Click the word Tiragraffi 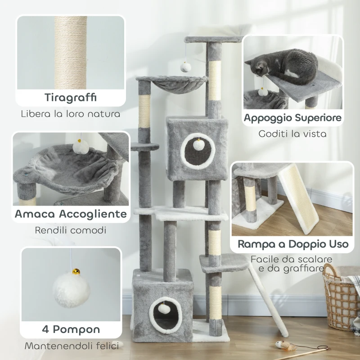[x=71, y=98]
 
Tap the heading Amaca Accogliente [x=71, y=214]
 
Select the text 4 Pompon [x=71, y=329]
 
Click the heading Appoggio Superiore [x=292, y=118]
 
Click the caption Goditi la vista [x=292, y=134]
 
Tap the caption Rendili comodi [x=71, y=230]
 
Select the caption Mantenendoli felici [x=71, y=346]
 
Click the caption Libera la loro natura [x=71, y=114]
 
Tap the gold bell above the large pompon [x=76, y=272]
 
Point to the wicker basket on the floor [x=341, y=292]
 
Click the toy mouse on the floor [x=282, y=345]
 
